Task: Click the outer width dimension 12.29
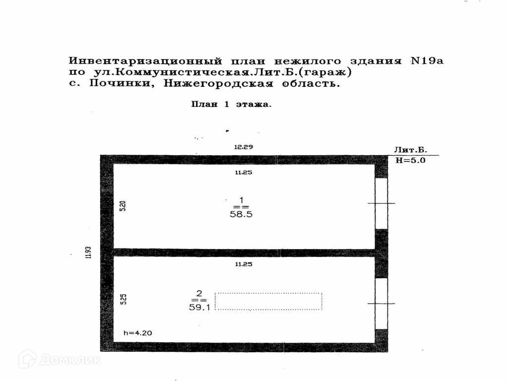coord(244,147)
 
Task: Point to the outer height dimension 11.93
coord(88,252)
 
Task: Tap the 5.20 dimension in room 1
coord(124,206)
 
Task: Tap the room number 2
coord(198,292)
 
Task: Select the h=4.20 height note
coord(138,333)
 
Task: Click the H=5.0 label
coord(411,160)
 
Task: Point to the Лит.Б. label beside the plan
coord(411,150)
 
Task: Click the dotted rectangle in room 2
coord(268,301)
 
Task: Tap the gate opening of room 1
coord(381,203)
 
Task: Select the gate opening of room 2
coord(381,303)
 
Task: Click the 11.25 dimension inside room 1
coord(244,172)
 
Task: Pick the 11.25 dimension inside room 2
coord(244,264)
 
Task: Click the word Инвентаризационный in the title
coord(144,62)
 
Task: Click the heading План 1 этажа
coord(231,105)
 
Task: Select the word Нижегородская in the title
coord(218,83)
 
